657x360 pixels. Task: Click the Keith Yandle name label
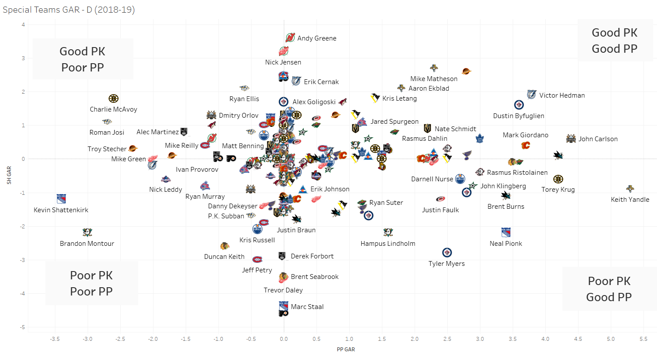(630, 200)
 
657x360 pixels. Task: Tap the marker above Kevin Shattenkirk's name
(61, 199)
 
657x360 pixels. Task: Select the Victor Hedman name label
(562, 95)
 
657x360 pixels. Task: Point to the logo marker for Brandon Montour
(87, 232)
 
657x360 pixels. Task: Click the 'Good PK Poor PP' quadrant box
(83, 59)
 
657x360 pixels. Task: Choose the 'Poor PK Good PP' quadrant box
(609, 289)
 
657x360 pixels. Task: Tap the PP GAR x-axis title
(346, 350)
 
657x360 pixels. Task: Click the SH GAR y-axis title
(9, 175)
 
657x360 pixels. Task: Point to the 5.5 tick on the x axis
(643, 339)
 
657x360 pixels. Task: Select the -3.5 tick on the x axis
(54, 339)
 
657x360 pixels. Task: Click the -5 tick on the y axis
(23, 327)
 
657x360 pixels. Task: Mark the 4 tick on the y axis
(24, 25)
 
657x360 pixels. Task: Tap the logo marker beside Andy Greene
(290, 38)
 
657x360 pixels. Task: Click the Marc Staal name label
(307, 307)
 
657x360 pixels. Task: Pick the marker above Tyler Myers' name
(447, 252)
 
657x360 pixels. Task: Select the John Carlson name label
(598, 139)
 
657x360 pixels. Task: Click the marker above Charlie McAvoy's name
(113, 98)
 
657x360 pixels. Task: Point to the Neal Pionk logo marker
(506, 232)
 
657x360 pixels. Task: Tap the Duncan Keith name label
(224, 257)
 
